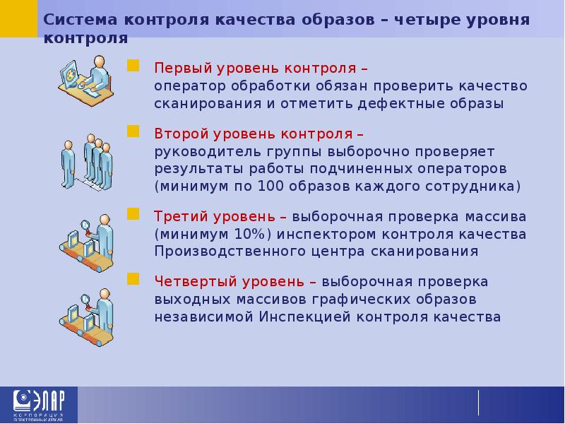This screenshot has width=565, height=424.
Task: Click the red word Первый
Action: (x=180, y=69)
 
